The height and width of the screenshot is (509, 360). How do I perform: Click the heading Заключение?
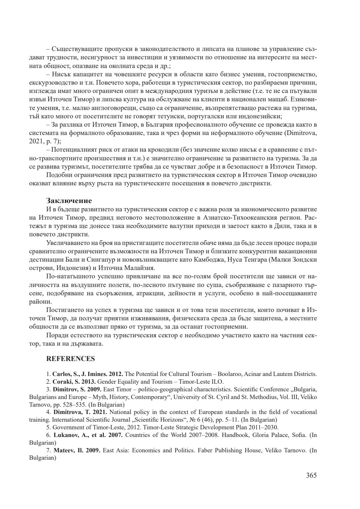click(69, 201)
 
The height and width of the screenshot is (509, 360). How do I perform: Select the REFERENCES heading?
click(70, 359)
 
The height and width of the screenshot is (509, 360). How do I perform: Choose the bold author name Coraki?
click(61, 382)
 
